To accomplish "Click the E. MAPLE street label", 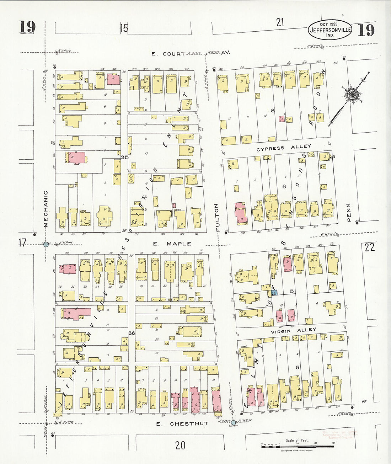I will tap(172, 244).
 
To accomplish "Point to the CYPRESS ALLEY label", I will tap(284, 148).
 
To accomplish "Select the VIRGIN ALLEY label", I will tap(293, 330).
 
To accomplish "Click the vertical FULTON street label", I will tap(216, 218).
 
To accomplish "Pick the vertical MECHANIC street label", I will tap(45, 209).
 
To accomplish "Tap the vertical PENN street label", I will tap(348, 212).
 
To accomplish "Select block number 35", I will tap(124, 157).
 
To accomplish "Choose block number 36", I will tap(132, 333).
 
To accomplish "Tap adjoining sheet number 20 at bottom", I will tap(180, 445).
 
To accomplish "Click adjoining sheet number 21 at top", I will tap(280, 22).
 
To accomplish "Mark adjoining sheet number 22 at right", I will tap(369, 247).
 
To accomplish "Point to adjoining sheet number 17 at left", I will tap(22, 243).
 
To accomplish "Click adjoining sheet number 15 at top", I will tap(124, 28).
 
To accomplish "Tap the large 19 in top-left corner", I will tap(27, 27).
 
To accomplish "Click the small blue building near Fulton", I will tap(274, 292).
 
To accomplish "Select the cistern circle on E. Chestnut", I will tap(233, 423).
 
